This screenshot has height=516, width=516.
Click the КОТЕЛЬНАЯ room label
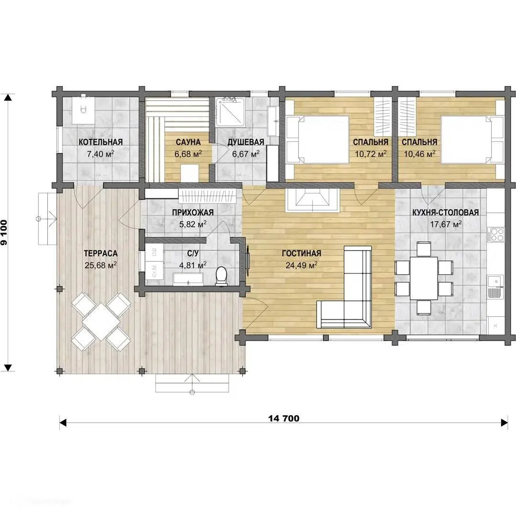click(x=101, y=142)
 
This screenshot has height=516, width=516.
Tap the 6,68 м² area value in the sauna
click(x=188, y=154)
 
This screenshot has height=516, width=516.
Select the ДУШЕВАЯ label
click(x=246, y=142)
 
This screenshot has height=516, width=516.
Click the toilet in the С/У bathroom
click(x=222, y=276)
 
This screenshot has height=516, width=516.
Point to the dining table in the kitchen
click(x=424, y=278)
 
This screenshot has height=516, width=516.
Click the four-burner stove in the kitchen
click(x=496, y=235)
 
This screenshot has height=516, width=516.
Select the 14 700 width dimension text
click(x=284, y=418)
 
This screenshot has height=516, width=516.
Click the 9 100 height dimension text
click(x=4, y=232)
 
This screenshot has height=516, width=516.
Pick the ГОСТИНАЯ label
click(x=301, y=253)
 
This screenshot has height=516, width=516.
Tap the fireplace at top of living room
click(x=312, y=200)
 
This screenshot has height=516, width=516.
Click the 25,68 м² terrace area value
click(x=101, y=265)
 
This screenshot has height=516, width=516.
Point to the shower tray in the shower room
click(x=230, y=113)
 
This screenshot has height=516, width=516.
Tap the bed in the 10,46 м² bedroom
click(x=472, y=139)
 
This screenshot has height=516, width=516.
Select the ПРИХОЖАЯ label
click(x=193, y=213)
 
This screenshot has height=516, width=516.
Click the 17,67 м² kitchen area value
click(x=446, y=225)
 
